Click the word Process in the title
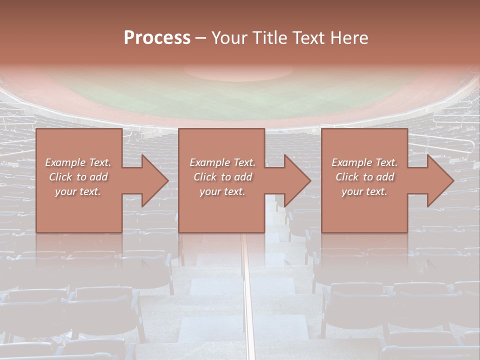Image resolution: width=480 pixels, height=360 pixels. tap(157, 38)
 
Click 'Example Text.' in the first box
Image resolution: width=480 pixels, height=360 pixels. tap(78, 162)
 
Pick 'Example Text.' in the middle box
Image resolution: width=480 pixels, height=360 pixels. tap(222, 162)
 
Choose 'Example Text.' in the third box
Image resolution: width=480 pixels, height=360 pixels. tap(364, 162)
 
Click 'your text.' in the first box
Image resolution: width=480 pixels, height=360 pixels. tap(78, 191)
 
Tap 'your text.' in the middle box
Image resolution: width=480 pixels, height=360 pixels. tap(222, 191)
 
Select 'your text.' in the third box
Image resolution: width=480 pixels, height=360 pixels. tap(364, 191)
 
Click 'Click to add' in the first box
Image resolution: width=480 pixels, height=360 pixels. tap(78, 177)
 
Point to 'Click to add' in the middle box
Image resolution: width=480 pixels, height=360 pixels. tap(222, 177)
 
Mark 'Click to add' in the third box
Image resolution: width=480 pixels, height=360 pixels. tap(364, 177)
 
